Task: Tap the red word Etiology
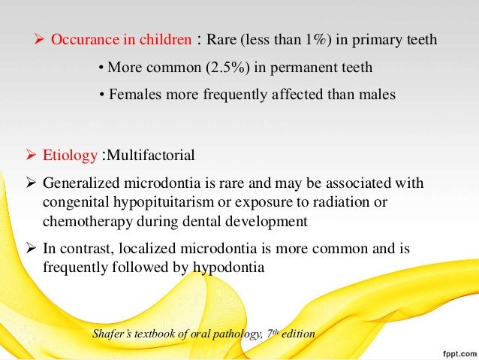(70, 156)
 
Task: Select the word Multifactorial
(152, 156)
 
